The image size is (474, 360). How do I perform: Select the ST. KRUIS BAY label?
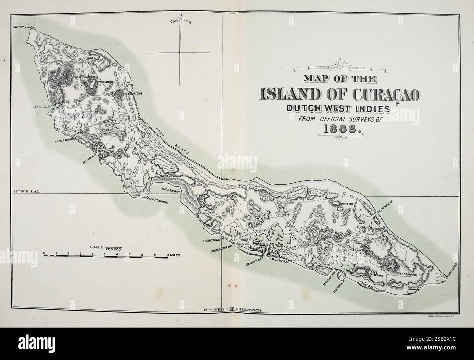(44, 107)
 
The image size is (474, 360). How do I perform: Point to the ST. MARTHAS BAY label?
(65, 141)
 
